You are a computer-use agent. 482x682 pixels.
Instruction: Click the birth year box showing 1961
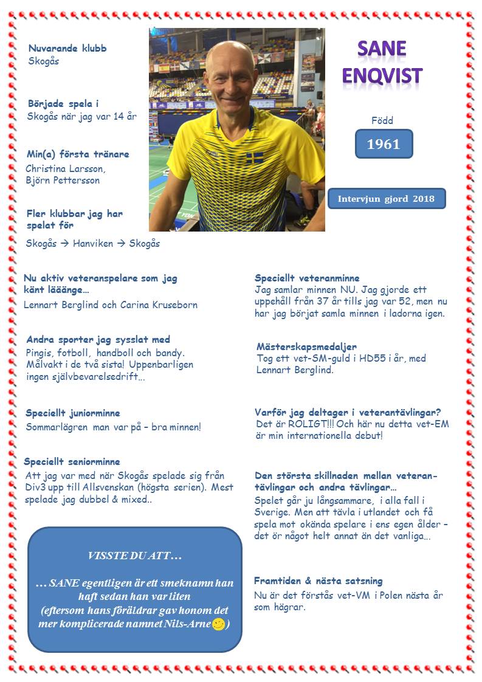click(x=384, y=144)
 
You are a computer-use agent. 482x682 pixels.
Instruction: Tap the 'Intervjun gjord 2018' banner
click(x=386, y=199)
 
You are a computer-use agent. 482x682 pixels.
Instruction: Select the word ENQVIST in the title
click(x=382, y=76)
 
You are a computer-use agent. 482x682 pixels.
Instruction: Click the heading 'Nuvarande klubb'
click(x=67, y=48)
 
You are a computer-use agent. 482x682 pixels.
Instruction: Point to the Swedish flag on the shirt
click(x=255, y=158)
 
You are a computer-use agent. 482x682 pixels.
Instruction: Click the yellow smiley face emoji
click(x=219, y=624)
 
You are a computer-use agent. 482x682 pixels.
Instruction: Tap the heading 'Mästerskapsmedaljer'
click(x=306, y=347)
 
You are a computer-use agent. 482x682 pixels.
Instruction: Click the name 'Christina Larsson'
click(x=66, y=168)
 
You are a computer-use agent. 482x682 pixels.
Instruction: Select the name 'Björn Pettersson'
click(x=63, y=180)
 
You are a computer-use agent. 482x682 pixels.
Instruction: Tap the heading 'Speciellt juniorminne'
click(x=73, y=413)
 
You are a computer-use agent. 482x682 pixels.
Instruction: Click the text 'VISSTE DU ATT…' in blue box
click(x=135, y=556)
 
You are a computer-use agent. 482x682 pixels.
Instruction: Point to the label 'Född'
click(x=382, y=120)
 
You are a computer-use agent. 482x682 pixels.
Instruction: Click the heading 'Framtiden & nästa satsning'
click(x=318, y=581)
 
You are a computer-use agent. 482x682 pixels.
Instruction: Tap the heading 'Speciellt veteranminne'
click(x=307, y=278)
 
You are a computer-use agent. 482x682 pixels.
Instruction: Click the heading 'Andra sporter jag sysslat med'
click(x=98, y=340)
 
